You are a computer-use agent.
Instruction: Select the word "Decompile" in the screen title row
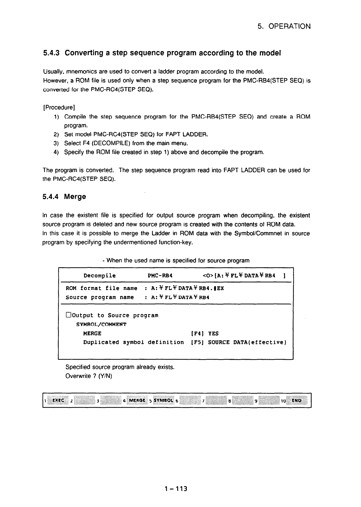pos(99,276)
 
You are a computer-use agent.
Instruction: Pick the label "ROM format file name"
pos(101,289)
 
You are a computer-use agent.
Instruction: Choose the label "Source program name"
pos(99,297)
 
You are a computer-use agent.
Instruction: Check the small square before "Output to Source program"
pos(68,315)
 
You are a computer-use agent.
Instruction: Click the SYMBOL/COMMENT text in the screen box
pos(101,324)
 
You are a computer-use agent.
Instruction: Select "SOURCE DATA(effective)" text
pos(247,342)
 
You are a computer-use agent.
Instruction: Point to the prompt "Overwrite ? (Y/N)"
pos(89,376)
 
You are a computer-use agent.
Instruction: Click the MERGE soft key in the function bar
pos(137,400)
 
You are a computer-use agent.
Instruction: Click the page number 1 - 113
pos(176,489)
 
